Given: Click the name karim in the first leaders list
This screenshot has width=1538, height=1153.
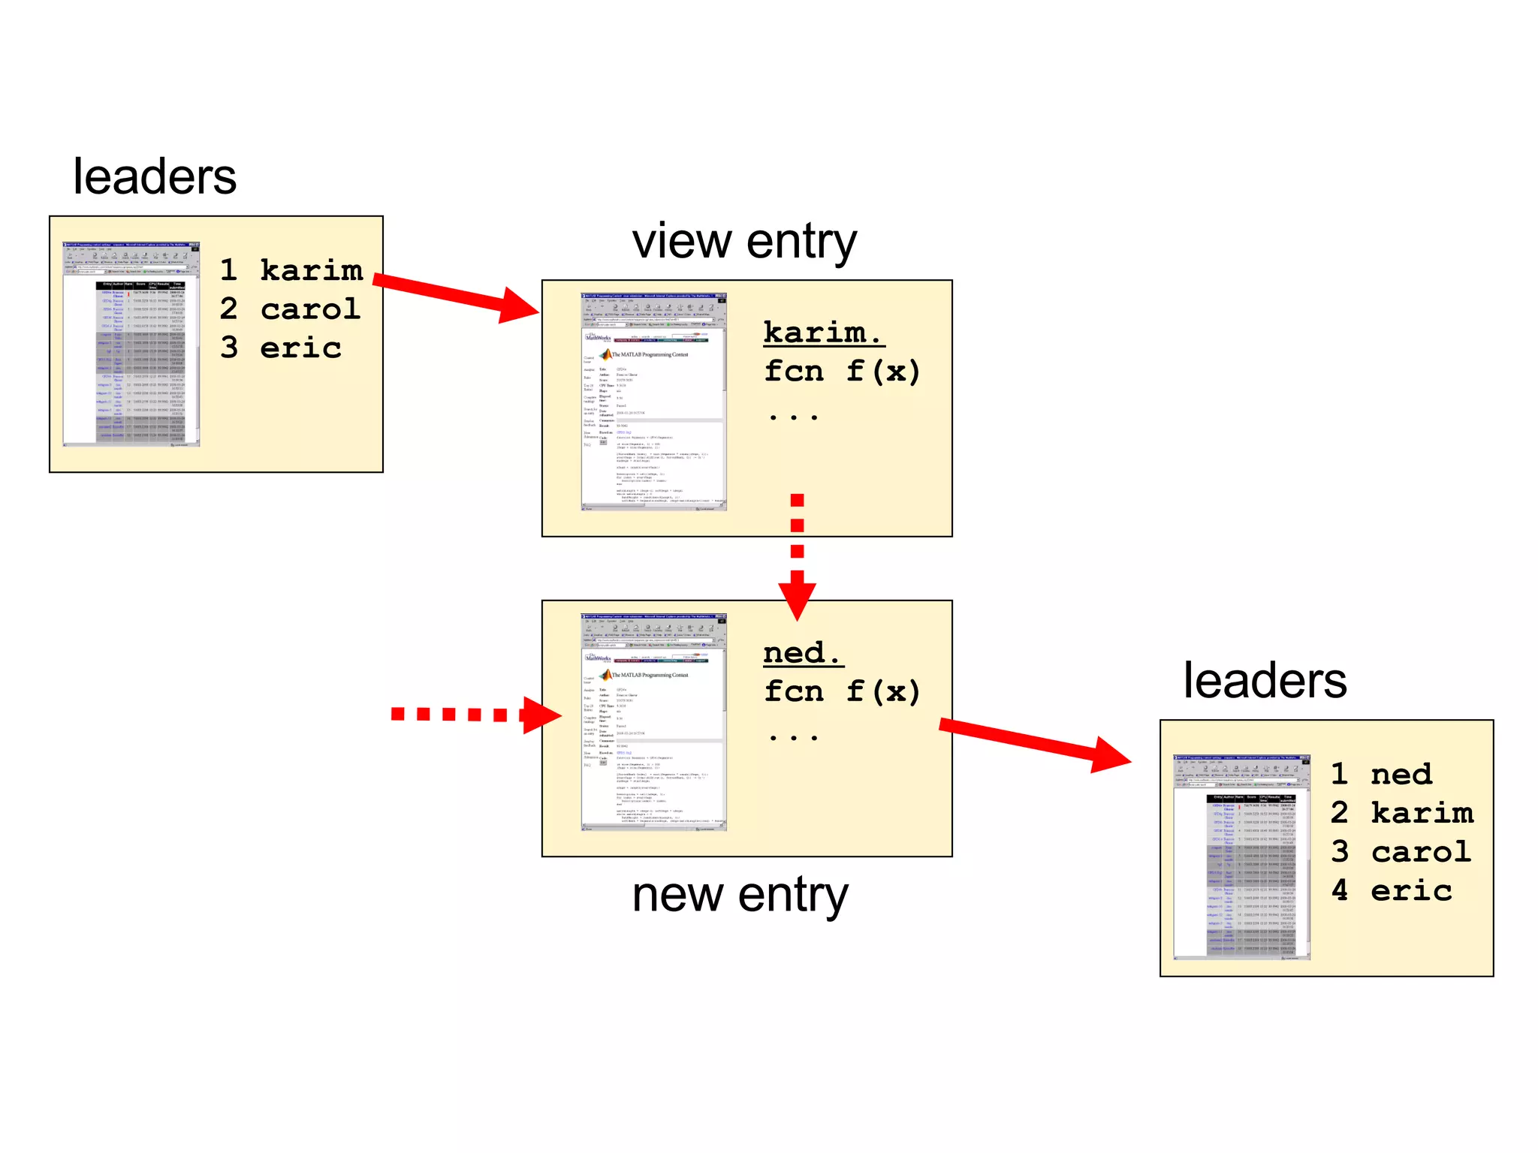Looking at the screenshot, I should pyautogui.click(x=311, y=270).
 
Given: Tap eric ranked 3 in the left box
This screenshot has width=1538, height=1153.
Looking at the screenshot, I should pyautogui.click(x=300, y=348).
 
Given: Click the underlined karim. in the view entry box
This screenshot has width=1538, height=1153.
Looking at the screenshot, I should pyautogui.click(x=823, y=333).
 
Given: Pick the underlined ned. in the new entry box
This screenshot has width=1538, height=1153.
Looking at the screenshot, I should pyautogui.click(x=802, y=652).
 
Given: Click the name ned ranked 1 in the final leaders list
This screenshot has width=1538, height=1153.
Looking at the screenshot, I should pyautogui.click(x=1401, y=775).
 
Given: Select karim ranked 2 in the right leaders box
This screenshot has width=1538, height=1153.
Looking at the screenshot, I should pyautogui.click(x=1422, y=813).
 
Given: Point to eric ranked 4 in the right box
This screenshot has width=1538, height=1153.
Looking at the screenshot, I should pyautogui.click(x=1411, y=891).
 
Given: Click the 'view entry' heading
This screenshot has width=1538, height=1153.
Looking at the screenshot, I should pyautogui.click(x=743, y=242).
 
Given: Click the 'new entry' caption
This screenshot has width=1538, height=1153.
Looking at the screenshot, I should pyautogui.click(x=740, y=895).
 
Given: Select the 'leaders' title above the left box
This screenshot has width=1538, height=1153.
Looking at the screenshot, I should pyautogui.click(x=155, y=177).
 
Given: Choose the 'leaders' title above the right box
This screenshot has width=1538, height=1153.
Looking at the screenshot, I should pyautogui.click(x=1265, y=681).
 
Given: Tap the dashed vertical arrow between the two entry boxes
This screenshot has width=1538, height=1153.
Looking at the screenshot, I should pyautogui.click(x=798, y=555).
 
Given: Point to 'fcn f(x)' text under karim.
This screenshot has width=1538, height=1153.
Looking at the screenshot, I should pyautogui.click(x=841, y=372).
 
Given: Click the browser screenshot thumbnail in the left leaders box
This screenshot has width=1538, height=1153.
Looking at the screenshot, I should pyautogui.click(x=131, y=344).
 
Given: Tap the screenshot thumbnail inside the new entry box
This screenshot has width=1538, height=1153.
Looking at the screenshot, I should pyautogui.click(x=653, y=722).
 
